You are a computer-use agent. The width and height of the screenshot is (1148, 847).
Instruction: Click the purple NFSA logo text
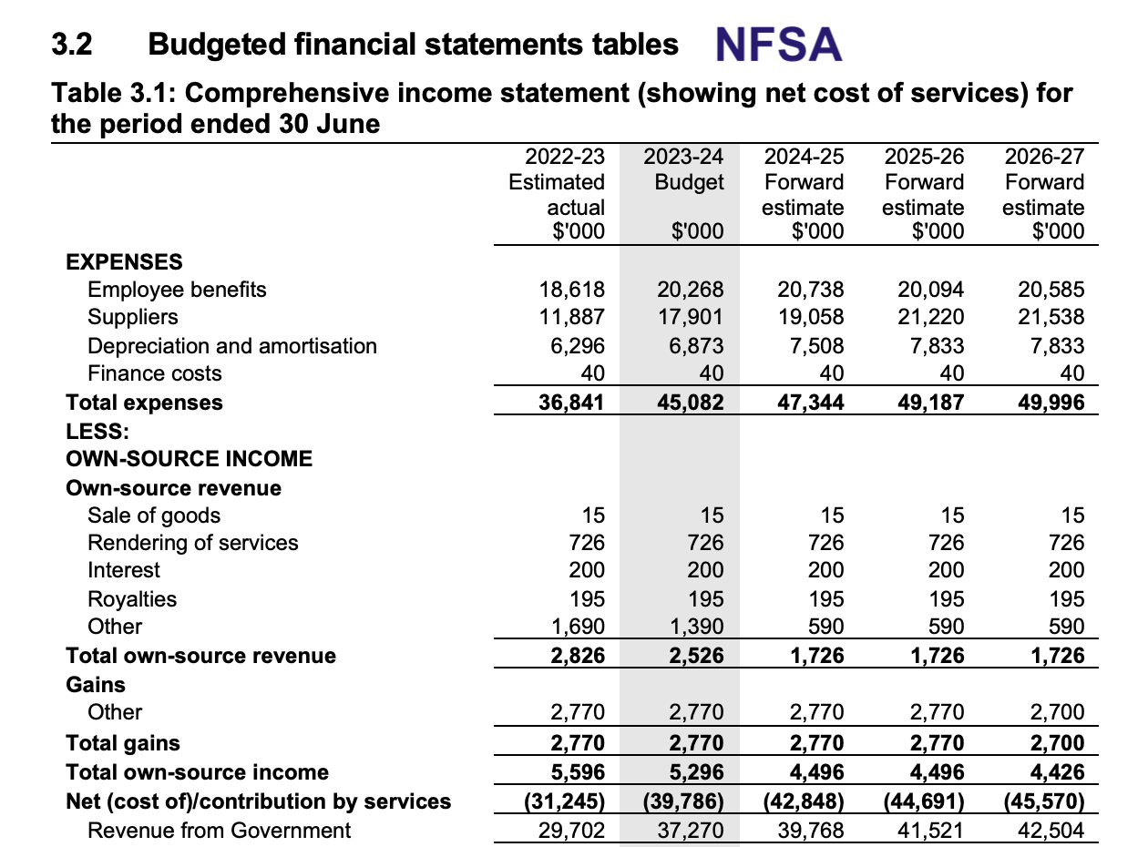(778, 45)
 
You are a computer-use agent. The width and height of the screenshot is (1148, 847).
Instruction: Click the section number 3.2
(71, 44)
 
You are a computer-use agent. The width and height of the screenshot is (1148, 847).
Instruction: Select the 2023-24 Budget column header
(683, 168)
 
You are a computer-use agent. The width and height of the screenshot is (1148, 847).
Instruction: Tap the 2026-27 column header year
(1044, 157)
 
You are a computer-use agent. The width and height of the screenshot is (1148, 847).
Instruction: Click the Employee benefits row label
(177, 291)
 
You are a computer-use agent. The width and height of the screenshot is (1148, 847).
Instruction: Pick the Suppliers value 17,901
(690, 317)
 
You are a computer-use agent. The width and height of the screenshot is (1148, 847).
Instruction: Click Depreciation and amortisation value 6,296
(577, 345)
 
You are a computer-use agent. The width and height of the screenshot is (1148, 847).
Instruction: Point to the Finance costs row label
(154, 373)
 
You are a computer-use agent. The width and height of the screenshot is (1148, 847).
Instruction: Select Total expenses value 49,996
(1051, 403)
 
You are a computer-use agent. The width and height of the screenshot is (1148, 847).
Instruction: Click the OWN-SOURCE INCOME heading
(189, 459)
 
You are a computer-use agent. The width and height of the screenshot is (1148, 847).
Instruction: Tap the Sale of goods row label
(154, 515)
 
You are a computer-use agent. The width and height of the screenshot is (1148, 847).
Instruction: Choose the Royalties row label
(132, 599)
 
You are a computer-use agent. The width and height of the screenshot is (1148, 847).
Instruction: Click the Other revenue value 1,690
(578, 627)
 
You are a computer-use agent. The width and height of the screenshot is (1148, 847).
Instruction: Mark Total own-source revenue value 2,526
(696, 656)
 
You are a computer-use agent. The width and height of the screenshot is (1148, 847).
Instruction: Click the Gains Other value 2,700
(1057, 712)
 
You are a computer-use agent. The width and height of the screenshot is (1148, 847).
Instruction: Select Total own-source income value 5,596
(578, 772)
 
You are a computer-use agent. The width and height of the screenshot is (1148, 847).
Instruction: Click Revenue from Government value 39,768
(811, 831)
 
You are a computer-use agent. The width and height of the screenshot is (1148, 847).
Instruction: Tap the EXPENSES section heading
(124, 261)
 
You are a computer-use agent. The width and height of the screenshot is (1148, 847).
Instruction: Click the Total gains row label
(123, 743)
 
